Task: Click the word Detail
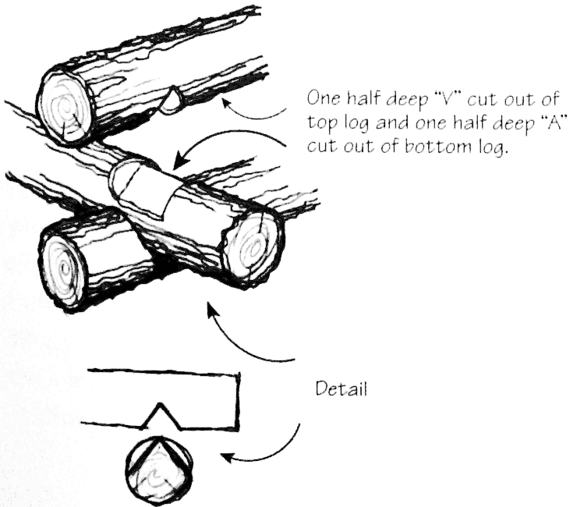[x=342, y=387]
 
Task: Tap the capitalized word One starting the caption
[x=324, y=99]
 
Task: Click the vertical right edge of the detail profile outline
[x=238, y=400]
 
